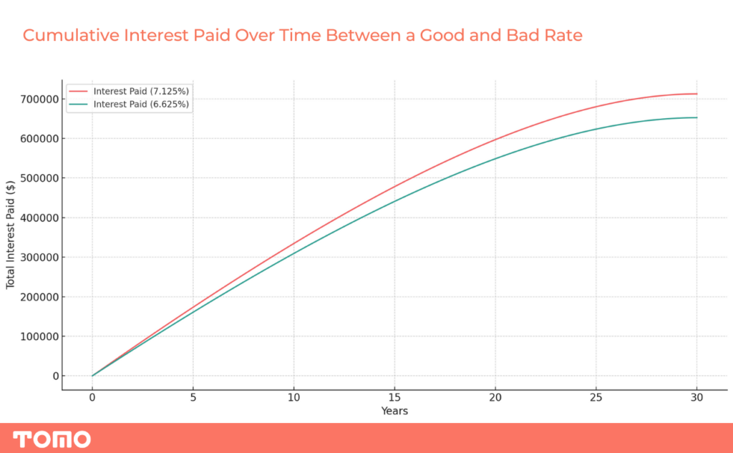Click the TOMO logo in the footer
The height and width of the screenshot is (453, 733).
click(52, 439)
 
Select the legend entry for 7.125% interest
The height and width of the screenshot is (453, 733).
click(129, 91)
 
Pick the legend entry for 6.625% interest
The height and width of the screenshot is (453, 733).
click(129, 104)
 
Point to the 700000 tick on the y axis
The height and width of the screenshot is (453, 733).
click(39, 99)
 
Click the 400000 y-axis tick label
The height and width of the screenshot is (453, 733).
click(39, 218)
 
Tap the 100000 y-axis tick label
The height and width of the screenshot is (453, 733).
click(39, 336)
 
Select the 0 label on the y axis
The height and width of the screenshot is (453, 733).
click(56, 376)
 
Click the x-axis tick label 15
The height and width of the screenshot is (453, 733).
click(394, 397)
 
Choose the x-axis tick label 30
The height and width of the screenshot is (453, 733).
click(697, 397)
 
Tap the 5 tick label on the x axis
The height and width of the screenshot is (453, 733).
click(193, 397)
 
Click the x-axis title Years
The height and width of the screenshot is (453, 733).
click(394, 411)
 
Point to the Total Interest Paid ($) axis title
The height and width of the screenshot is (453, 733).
click(10, 235)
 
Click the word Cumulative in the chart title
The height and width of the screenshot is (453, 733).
click(71, 36)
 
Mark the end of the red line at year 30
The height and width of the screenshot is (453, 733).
click(697, 94)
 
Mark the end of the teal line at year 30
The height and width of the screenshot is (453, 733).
click(697, 117)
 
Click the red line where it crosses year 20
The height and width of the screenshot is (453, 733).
click(495, 140)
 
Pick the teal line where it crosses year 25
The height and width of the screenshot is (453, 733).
click(596, 129)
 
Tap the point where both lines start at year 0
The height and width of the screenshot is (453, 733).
click(92, 376)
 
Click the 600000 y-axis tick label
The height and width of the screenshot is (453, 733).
click(39, 139)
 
